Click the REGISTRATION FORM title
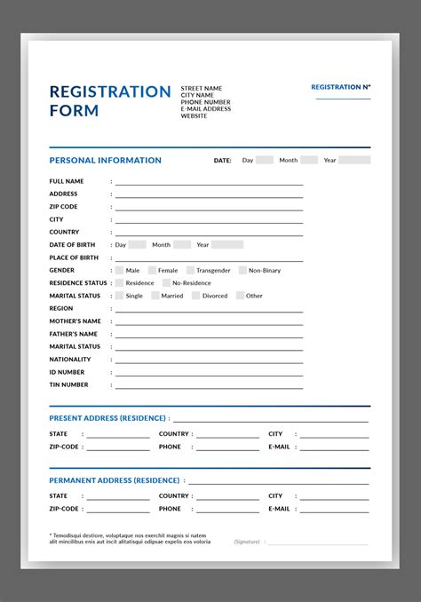point(109,101)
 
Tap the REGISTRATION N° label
point(341,87)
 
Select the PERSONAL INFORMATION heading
point(105,161)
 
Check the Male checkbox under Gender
point(119,270)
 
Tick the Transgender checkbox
point(189,270)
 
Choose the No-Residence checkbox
point(166,283)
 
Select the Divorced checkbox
point(195,296)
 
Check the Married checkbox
point(155,296)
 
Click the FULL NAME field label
point(67,181)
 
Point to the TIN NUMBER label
point(68,384)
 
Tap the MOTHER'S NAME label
point(75,321)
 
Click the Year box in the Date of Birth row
point(226,244)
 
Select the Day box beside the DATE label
point(265,160)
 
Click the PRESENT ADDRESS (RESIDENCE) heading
point(107,417)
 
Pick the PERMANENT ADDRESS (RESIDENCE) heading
point(115,479)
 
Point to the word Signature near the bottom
point(248,541)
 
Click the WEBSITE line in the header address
point(194,115)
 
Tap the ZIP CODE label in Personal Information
point(63,206)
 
